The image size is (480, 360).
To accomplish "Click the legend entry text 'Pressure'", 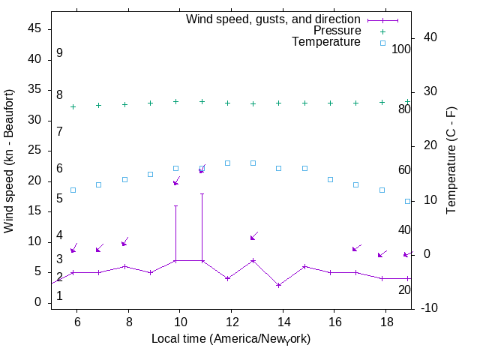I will [x=337, y=31].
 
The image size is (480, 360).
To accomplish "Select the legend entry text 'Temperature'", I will [x=326, y=43].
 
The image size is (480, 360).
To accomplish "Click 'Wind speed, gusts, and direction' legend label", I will [x=274, y=19].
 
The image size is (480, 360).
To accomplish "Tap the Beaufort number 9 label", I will [x=59, y=53].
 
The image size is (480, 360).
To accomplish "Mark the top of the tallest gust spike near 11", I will [x=202, y=193].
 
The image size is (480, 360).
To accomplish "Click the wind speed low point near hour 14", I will [x=279, y=285].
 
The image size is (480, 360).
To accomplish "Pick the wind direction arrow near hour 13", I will [x=253, y=235].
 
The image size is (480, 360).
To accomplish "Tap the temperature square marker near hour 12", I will [x=227, y=163].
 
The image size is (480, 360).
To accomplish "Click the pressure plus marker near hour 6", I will [x=73, y=106].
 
